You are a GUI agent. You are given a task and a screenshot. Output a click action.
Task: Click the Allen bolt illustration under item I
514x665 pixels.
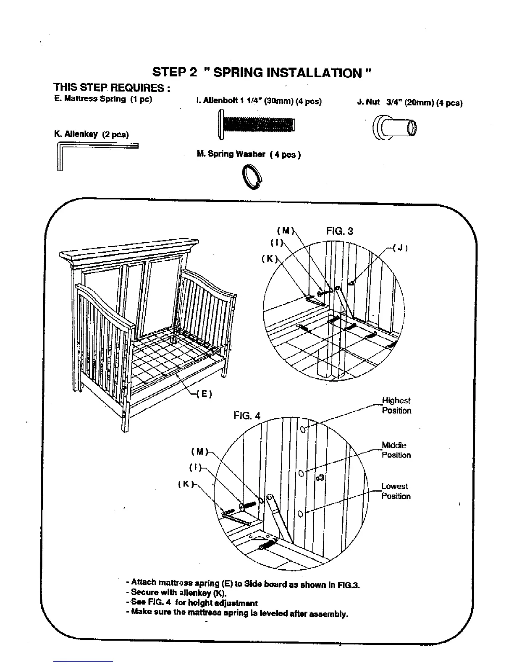(257, 124)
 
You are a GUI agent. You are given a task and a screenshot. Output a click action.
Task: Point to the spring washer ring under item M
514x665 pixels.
(252, 175)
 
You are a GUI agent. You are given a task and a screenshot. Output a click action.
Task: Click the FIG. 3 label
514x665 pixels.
(339, 231)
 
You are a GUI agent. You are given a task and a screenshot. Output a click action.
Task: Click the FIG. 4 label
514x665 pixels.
(247, 416)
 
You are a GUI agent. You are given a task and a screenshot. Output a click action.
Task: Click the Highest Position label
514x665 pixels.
(396, 406)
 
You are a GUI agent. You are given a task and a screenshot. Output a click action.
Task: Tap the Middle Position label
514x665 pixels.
(396, 450)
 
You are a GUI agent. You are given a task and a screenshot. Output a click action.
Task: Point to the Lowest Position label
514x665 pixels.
(396, 491)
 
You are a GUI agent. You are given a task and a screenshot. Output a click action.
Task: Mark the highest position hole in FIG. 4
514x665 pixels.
(303, 430)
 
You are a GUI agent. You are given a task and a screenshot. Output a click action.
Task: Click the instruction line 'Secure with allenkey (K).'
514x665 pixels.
(179, 593)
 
